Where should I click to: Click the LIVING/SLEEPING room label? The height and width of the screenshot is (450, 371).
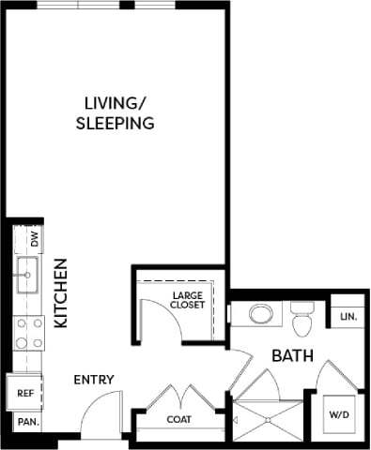click(115, 112)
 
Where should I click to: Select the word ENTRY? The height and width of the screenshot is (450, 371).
click(94, 380)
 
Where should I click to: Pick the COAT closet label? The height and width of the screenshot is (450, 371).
click(179, 420)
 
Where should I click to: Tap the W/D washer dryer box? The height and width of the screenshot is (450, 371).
click(337, 414)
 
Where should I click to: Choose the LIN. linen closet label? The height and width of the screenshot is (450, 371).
click(347, 318)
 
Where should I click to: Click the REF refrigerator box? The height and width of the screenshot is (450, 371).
click(25, 394)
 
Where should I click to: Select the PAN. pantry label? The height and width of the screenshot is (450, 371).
click(26, 422)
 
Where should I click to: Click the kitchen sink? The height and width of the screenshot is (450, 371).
click(27, 277)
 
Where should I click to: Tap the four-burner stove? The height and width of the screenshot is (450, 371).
click(28, 331)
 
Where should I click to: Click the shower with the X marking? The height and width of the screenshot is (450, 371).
click(270, 419)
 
